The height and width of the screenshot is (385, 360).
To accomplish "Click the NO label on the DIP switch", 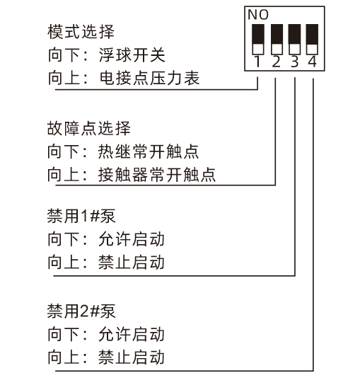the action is tap(258, 15).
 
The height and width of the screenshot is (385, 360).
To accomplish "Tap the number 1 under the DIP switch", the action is tap(257, 62).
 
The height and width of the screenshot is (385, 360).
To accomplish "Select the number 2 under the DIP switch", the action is tap(276, 62).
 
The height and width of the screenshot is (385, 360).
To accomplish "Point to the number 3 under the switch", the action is tap(294, 62).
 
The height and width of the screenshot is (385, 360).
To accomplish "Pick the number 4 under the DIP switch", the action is tap(312, 62).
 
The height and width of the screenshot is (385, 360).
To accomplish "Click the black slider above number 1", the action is tap(258, 34).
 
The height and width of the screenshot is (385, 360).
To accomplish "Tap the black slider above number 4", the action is tap(312, 34).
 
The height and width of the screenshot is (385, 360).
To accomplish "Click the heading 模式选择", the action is tap(81, 32).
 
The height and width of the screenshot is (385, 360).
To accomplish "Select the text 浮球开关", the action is tap(132, 55).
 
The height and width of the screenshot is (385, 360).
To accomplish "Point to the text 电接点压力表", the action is tap(149, 78).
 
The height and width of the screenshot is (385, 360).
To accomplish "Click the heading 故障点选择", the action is tap(89, 128).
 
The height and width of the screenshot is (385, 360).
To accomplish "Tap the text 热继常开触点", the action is tap(149, 151).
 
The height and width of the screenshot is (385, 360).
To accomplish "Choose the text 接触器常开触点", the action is tap(157, 175).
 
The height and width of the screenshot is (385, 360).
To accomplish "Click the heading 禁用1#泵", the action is tap(81, 217).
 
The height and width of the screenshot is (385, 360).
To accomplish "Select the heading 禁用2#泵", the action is tap(81, 311).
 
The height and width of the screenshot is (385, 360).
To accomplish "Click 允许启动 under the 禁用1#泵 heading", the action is tap(132, 239).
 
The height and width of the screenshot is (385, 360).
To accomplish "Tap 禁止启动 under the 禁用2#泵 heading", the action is tap(132, 357).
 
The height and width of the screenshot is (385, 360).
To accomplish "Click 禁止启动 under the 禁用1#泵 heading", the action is tap(132, 263).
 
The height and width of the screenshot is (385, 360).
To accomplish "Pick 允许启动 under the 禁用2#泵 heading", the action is tap(132, 334).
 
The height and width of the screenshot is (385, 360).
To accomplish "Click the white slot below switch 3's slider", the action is tap(294, 49).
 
